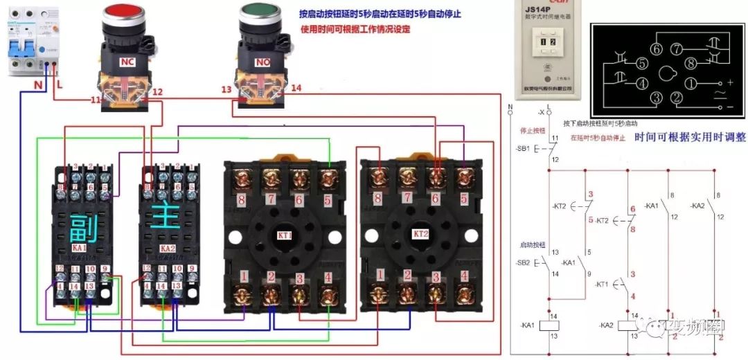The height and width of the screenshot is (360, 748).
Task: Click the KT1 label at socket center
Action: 285,235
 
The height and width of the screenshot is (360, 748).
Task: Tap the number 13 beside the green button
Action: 226,90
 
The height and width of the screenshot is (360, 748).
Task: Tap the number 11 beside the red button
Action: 96,101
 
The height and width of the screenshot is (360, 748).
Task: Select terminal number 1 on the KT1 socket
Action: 243,276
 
